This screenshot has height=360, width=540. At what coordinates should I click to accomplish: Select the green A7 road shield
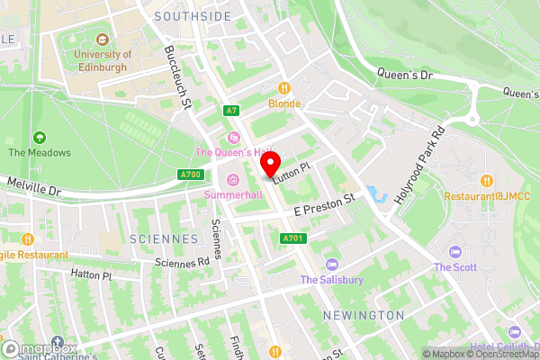click(232, 111)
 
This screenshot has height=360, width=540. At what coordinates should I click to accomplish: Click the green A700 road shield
click(190, 175)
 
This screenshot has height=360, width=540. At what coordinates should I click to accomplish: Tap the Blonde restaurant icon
click(284, 88)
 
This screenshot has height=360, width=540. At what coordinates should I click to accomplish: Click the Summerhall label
click(233, 194)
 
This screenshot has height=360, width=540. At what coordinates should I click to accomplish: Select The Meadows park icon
click(40, 138)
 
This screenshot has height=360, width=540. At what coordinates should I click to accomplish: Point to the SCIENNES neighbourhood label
click(163, 239)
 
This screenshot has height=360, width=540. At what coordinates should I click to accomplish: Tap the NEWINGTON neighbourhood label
click(363, 315)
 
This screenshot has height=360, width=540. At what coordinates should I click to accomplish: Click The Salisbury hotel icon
click(332, 265)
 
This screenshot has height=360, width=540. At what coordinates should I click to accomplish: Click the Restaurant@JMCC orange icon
click(485, 180)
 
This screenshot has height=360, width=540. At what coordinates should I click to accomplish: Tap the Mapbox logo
click(40, 347)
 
